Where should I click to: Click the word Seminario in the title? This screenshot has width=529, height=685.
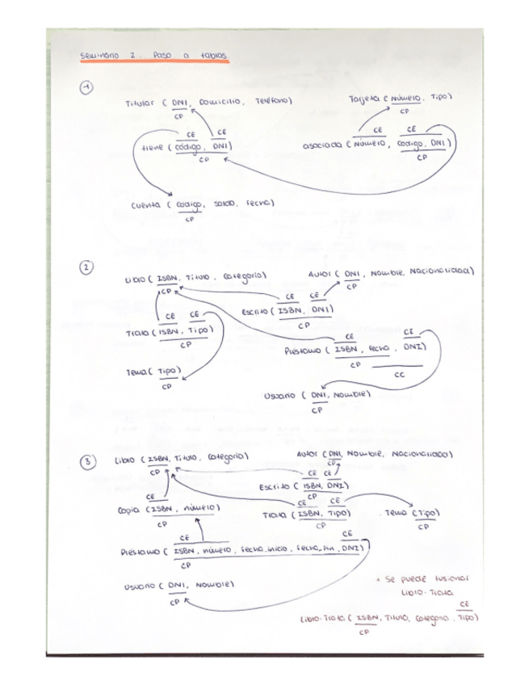coord(100,57)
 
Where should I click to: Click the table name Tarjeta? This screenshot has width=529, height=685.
coord(365,99)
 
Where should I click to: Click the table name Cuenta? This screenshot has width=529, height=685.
coord(149,205)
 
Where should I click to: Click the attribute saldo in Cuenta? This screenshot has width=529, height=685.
coord(224,204)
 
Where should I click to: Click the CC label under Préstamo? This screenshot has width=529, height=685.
coord(399,375)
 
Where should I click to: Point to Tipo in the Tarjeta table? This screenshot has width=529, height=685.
coord(439,96)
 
